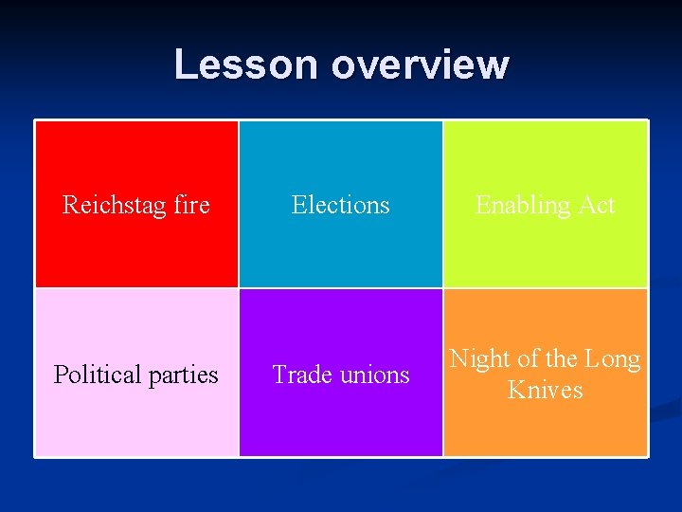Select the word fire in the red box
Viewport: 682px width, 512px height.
(192, 205)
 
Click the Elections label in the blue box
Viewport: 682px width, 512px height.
(340, 205)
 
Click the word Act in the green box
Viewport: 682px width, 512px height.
(597, 205)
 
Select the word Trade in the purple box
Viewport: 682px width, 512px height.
(300, 375)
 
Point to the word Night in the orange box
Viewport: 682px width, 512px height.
(480, 359)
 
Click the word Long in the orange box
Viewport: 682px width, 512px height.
(612, 359)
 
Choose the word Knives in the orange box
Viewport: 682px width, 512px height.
(545, 390)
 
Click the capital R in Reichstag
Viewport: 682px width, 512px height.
(69, 205)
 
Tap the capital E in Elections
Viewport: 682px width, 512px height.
(298, 205)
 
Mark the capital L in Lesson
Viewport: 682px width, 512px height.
(184, 64)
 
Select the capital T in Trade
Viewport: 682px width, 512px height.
(279, 375)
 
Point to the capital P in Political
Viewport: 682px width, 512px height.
(60, 375)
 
